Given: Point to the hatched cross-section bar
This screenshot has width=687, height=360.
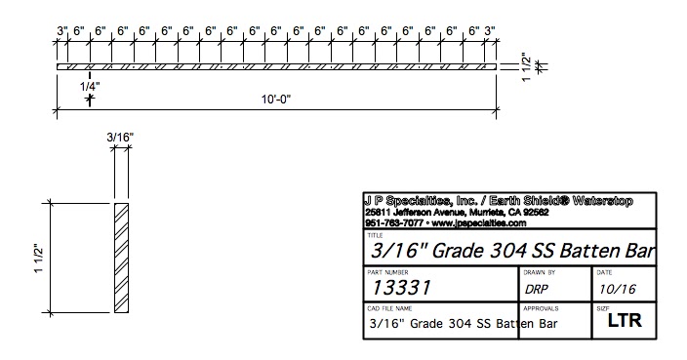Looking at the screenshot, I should coord(121,259).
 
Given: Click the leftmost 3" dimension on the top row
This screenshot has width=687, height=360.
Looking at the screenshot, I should coord(61,30).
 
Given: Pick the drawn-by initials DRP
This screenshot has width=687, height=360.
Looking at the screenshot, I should coord(537,290).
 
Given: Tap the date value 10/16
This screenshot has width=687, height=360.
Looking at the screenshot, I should coord(615,290).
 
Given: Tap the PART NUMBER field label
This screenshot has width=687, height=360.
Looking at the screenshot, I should coord(385,272).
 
